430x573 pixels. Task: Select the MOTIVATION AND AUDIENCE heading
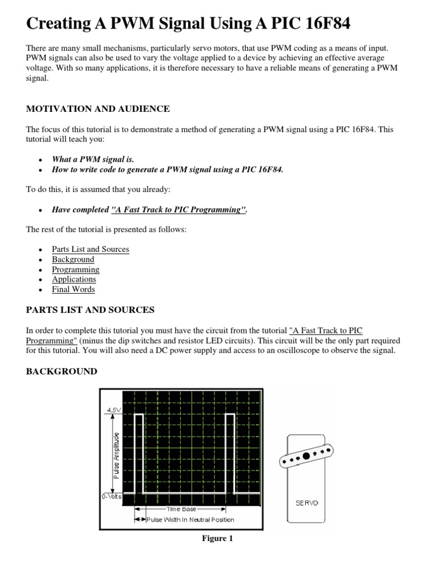click(98, 109)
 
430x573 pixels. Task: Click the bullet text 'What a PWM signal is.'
click(93, 159)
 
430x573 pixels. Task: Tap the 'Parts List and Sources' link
click(90, 249)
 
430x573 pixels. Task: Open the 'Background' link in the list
click(73, 259)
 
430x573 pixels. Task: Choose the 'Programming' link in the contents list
click(76, 269)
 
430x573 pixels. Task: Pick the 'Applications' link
click(74, 279)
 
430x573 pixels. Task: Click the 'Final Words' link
click(73, 289)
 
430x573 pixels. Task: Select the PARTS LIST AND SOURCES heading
click(90, 309)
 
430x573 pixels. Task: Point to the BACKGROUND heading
click(62, 372)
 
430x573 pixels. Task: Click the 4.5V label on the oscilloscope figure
click(112, 410)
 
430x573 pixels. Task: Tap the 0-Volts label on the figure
click(111, 496)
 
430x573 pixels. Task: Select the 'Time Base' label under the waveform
click(181, 509)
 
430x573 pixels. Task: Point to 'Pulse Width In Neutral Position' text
click(190, 519)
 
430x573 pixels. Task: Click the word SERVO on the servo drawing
click(306, 502)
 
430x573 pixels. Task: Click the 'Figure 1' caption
click(217, 538)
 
